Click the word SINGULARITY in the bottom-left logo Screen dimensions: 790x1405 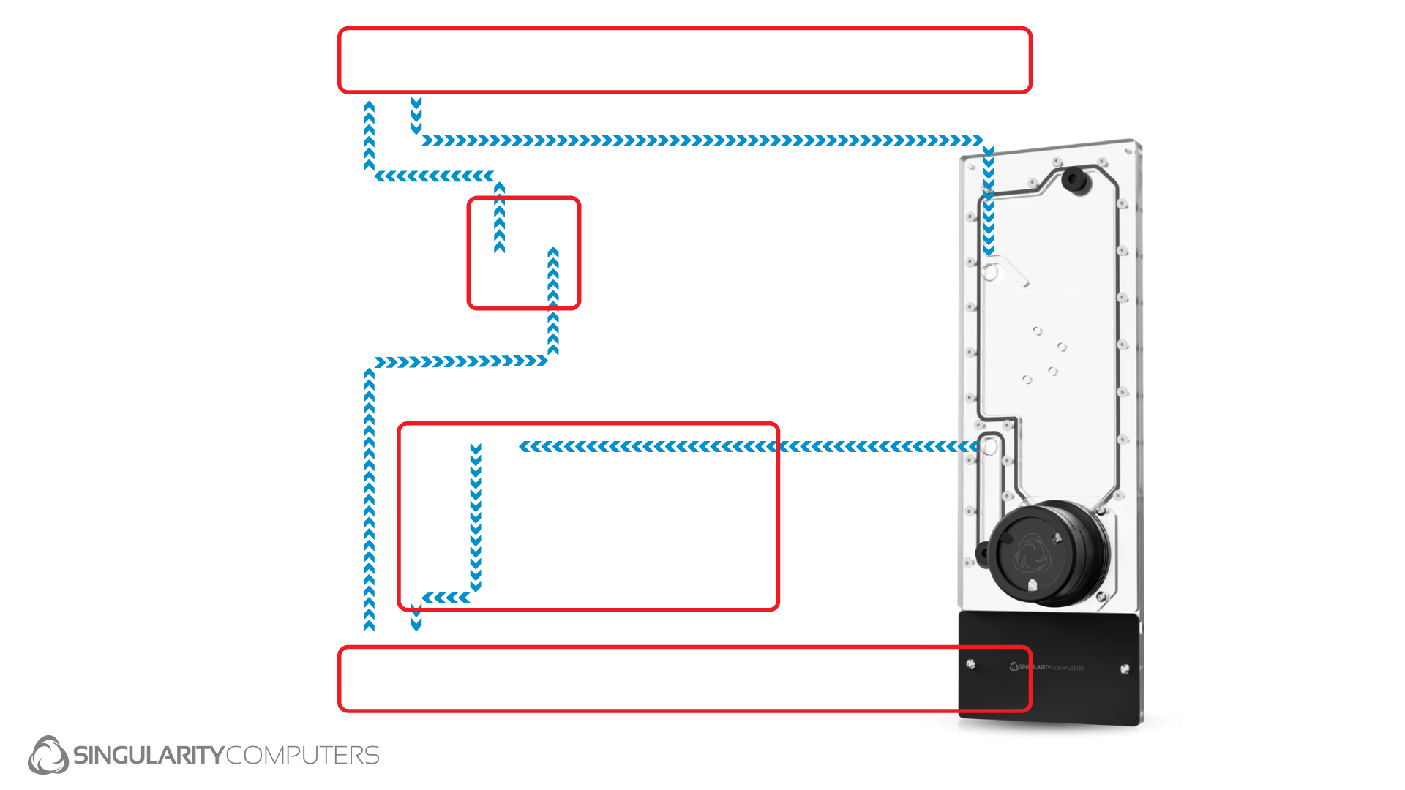pyautogui.click(x=148, y=755)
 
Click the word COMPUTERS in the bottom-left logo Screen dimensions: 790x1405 pyautogui.click(x=303, y=755)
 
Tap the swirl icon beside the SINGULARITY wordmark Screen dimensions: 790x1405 pyautogui.click(x=48, y=755)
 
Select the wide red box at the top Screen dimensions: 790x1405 pyautogui.click(x=684, y=61)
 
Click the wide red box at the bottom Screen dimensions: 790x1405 pyautogui.click(x=684, y=679)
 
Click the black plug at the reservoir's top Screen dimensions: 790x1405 pyautogui.click(x=1074, y=178)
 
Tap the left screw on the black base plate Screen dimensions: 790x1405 pyautogui.click(x=970, y=664)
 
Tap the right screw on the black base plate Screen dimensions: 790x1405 pyautogui.click(x=1125, y=669)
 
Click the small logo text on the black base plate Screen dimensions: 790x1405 pyautogui.click(x=1047, y=667)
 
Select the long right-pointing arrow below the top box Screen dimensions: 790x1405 pyautogui.click(x=702, y=140)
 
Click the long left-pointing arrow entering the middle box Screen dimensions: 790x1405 pyautogui.click(x=746, y=446)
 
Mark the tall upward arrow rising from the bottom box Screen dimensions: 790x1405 pyautogui.click(x=370, y=497)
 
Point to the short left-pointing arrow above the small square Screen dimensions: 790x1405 pyautogui.click(x=435, y=176)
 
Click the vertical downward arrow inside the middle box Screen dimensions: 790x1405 pyautogui.click(x=476, y=516)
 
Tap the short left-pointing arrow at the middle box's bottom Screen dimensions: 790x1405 pyautogui.click(x=446, y=598)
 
